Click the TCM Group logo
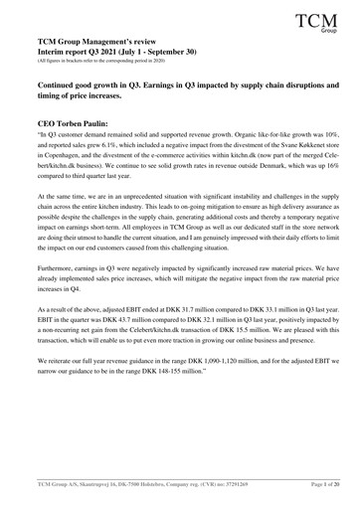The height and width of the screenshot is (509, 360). tap(320, 20)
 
